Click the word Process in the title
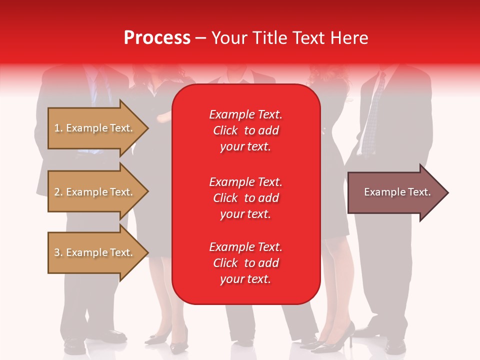tap(157, 37)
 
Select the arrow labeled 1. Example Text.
tap(95, 128)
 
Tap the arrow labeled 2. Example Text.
tap(95, 192)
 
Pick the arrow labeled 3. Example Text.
tap(95, 252)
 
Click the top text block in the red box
tap(245, 130)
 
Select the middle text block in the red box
tap(245, 198)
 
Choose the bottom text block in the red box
tap(245, 263)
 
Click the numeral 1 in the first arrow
tap(56, 128)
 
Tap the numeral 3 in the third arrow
tap(56, 252)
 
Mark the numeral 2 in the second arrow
tap(56, 192)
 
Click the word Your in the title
tap(229, 37)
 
